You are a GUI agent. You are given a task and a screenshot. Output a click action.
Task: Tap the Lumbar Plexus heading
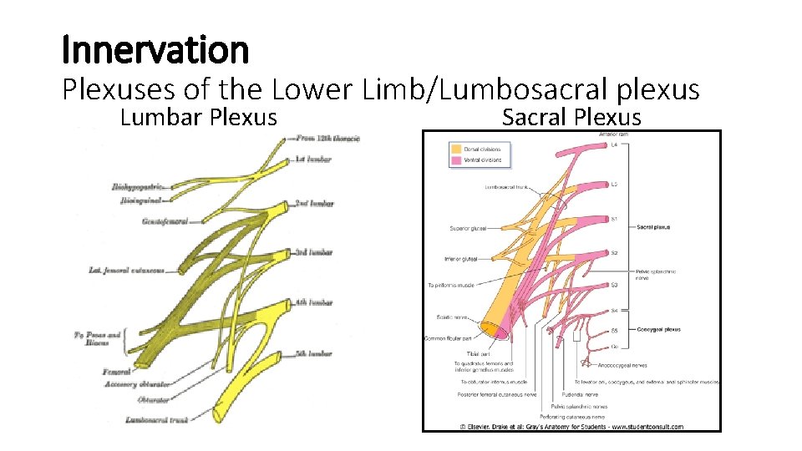pyautogui.click(x=198, y=117)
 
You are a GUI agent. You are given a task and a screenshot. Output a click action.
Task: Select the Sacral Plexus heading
pyautogui.click(x=571, y=117)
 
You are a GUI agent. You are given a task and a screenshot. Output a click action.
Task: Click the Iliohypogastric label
pyautogui.click(x=138, y=187)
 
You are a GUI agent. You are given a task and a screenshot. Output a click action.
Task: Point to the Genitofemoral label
pyautogui.click(x=165, y=221)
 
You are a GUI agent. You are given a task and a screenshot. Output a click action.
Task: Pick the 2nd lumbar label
pyautogui.click(x=314, y=204)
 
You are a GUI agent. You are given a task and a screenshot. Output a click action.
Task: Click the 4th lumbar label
pyautogui.click(x=314, y=302)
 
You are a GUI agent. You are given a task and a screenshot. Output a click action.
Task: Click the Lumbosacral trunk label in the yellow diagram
pyautogui.click(x=155, y=419)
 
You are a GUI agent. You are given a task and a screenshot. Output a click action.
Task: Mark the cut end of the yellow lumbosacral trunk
pyautogui.click(x=221, y=413)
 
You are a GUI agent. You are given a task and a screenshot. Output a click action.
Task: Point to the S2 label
pyautogui.click(x=614, y=252)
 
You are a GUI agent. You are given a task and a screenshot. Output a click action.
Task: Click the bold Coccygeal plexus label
pyautogui.click(x=659, y=330)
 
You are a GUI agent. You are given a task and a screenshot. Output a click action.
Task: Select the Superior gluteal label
pyautogui.click(x=468, y=228)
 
